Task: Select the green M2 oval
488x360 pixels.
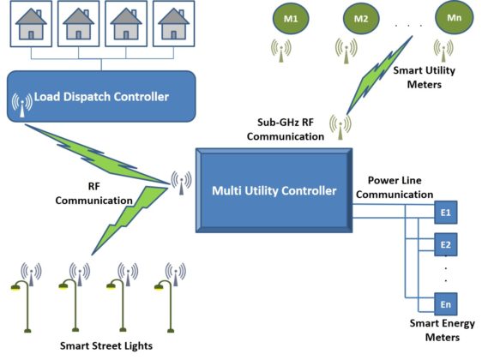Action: (x=360, y=18)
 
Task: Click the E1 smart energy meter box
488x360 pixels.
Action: (x=446, y=211)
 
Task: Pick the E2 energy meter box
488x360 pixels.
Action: (x=446, y=243)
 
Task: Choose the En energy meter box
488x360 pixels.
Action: (x=446, y=304)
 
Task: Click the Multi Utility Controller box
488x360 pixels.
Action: (x=273, y=189)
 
